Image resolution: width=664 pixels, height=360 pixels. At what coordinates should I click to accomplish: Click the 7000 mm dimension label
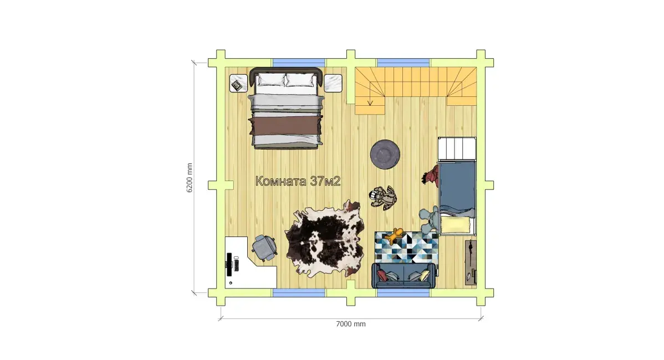351,324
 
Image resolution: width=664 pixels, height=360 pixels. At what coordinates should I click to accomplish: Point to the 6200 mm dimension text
190,178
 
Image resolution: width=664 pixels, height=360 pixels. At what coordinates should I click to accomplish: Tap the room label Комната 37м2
298,181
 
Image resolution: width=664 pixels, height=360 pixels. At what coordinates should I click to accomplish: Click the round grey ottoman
385,155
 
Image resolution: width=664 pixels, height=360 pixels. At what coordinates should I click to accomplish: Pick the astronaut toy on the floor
383,197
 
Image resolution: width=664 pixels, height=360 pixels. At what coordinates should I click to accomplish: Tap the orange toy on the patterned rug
395,236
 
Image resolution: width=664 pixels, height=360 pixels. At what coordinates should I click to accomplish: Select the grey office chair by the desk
265,248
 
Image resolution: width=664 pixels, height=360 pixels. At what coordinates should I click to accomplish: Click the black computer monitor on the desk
229,264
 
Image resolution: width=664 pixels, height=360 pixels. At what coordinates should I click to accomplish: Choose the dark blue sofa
404,275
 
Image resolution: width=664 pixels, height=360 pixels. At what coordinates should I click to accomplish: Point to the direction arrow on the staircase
370,94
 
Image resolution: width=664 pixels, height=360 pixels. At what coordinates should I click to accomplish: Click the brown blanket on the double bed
286,126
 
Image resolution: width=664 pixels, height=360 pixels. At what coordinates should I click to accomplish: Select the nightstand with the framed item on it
238,83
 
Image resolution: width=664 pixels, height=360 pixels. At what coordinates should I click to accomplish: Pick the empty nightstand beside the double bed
333,83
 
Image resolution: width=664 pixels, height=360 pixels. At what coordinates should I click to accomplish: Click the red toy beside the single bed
431,175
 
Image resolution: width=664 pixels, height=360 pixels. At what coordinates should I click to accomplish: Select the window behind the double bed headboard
299,63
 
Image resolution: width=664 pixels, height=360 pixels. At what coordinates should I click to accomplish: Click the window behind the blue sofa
403,292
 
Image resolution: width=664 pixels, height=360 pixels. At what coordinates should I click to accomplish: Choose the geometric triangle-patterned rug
406,247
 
